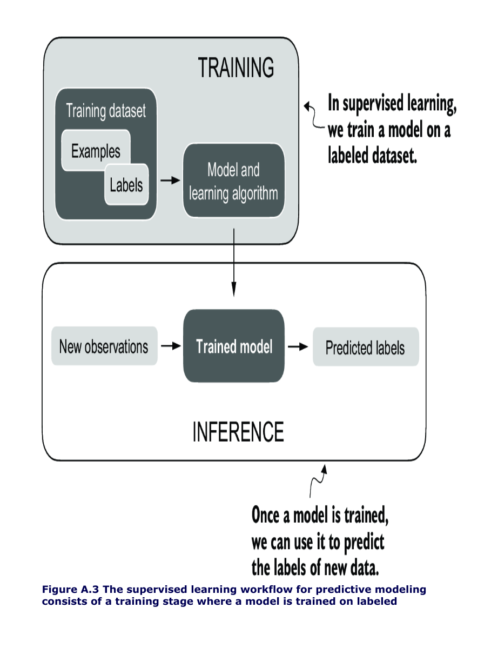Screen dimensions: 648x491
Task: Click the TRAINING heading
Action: (x=236, y=68)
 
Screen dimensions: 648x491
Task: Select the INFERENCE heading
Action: (x=238, y=432)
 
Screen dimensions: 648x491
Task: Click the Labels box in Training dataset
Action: (x=126, y=185)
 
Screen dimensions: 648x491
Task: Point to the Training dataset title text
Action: (x=106, y=111)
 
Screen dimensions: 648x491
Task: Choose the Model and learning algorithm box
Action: (x=233, y=181)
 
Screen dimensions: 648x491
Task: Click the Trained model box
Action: (x=234, y=346)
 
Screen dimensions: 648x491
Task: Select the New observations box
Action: (x=104, y=346)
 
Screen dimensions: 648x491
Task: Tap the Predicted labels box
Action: (x=365, y=348)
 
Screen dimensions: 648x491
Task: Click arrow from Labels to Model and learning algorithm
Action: (x=170, y=181)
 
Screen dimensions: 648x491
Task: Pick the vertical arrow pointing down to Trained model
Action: (x=234, y=262)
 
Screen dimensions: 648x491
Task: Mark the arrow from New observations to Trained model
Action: (x=171, y=346)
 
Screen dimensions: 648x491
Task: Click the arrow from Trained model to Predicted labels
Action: (x=298, y=346)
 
